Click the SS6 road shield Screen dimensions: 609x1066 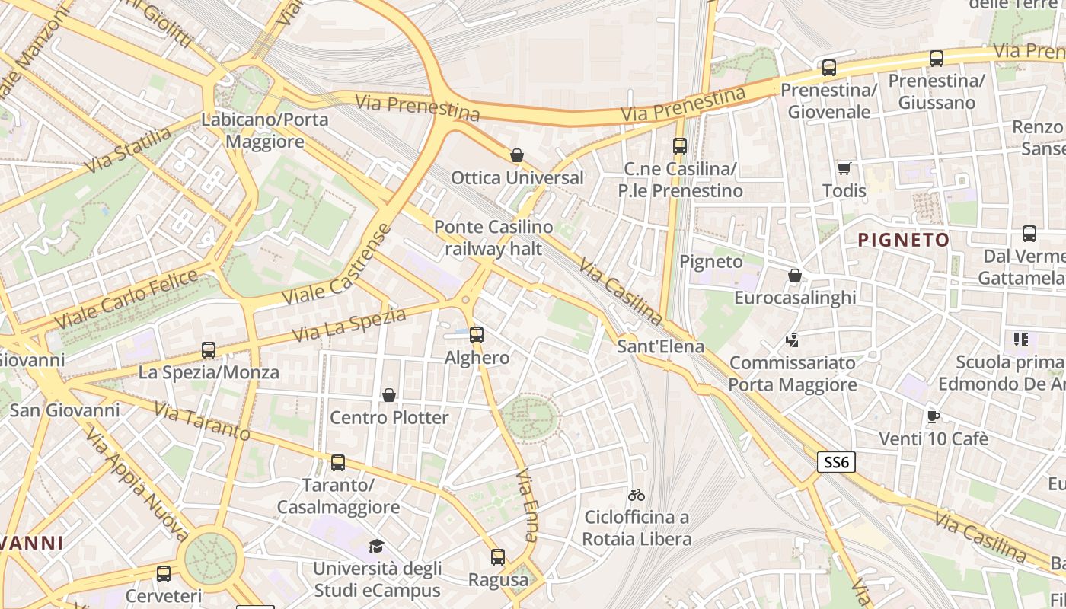point(837,461)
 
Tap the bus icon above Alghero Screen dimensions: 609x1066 point(477,334)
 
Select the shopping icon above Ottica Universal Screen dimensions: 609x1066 point(517,155)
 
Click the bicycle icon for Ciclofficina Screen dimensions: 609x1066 point(637,495)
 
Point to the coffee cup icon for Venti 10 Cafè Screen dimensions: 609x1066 point(934,416)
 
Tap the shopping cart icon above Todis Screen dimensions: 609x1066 point(844,168)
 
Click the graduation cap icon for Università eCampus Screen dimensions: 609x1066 point(377,546)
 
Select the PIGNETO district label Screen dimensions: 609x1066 point(903,241)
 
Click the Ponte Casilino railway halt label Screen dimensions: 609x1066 point(493,238)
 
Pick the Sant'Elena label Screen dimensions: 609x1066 point(660,347)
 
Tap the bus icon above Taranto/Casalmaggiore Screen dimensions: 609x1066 point(338,462)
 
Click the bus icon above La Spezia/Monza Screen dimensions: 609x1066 point(209,350)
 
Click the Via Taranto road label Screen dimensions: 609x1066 point(202,422)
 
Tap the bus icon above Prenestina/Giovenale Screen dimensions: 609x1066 point(829,68)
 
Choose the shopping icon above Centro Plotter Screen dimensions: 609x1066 point(389,394)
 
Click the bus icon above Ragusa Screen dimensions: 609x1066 point(498,557)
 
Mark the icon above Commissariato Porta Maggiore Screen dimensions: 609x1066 point(793,340)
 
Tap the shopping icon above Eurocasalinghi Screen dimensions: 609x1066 point(795,275)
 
